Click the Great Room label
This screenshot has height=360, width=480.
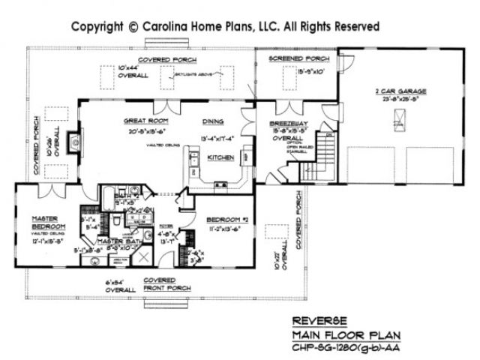[146, 120]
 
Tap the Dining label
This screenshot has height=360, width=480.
[212, 120]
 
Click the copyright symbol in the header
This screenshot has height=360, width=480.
[133, 26]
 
